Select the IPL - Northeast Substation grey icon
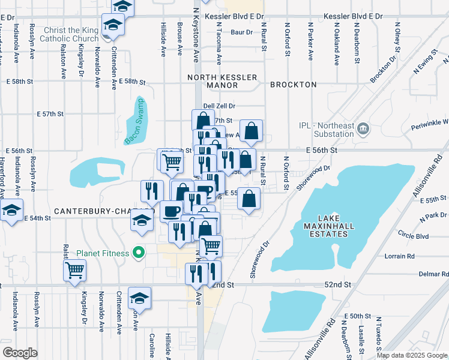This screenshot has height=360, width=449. pos(363,129)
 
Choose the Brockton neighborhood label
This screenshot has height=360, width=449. pos(293,85)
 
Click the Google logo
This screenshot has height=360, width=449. pos(20,352)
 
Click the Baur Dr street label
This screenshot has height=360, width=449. pos(241,32)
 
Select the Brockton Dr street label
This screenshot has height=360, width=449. pos(384,70)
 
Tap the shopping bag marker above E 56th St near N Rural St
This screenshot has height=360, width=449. pos(252,131)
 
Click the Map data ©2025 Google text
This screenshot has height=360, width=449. pos(411,355)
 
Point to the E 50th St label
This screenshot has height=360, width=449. pos(358,316)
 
